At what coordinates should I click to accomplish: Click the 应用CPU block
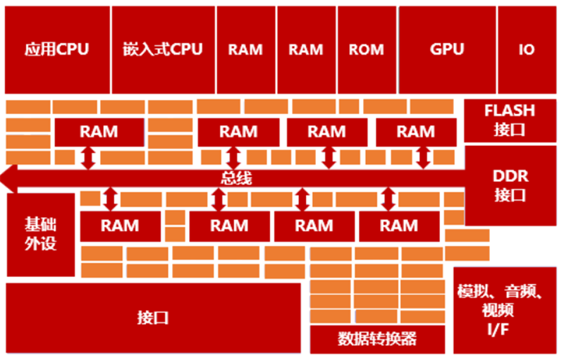point(57,49)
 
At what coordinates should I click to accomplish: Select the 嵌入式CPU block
point(164,49)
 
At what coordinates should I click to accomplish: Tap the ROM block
point(367,49)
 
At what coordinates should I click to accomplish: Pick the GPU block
point(447,49)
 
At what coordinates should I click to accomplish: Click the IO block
point(527,49)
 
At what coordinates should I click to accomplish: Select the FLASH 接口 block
point(510,120)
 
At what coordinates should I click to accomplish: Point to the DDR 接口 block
point(510,185)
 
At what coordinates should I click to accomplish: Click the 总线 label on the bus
point(236,178)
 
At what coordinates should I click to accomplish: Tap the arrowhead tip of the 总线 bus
point(1,178)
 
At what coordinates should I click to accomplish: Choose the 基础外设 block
point(41,235)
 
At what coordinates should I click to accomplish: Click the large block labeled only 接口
point(153,318)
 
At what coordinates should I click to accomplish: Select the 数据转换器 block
point(377,339)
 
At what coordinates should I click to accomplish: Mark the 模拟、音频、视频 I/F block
point(505,311)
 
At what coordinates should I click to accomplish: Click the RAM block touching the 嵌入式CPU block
point(246,49)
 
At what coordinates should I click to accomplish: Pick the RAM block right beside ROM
point(307,49)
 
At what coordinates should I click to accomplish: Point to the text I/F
point(498,329)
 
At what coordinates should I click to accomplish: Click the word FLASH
point(510,111)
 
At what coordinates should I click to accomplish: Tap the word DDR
point(510,176)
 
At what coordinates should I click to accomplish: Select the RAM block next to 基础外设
point(120,226)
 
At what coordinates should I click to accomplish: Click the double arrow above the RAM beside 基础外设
point(111,199)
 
